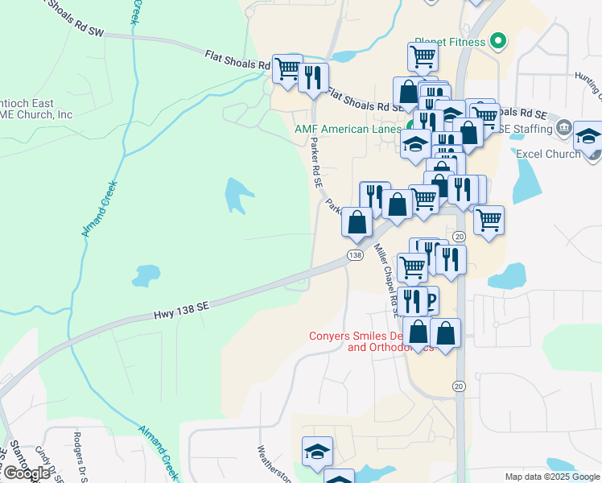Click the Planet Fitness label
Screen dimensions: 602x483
coord(450,41)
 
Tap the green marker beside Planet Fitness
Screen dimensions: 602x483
coord(498,40)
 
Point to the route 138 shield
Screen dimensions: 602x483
coord(354,255)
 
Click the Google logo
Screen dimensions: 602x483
coord(27,473)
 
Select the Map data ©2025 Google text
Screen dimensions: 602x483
coord(551,477)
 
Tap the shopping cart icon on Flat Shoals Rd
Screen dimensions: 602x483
coord(287,68)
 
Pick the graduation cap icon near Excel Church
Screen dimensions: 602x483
coord(588,137)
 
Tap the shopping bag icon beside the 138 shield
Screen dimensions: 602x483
coord(357,221)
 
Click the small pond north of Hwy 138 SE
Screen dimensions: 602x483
coord(146,275)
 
